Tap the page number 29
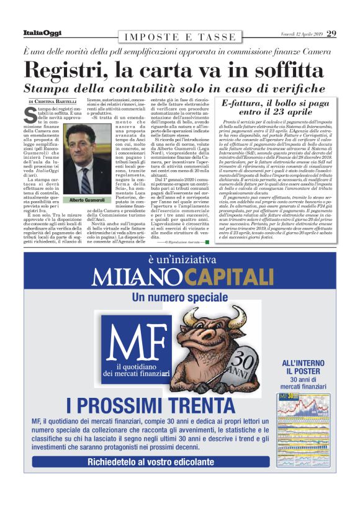[331, 33]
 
